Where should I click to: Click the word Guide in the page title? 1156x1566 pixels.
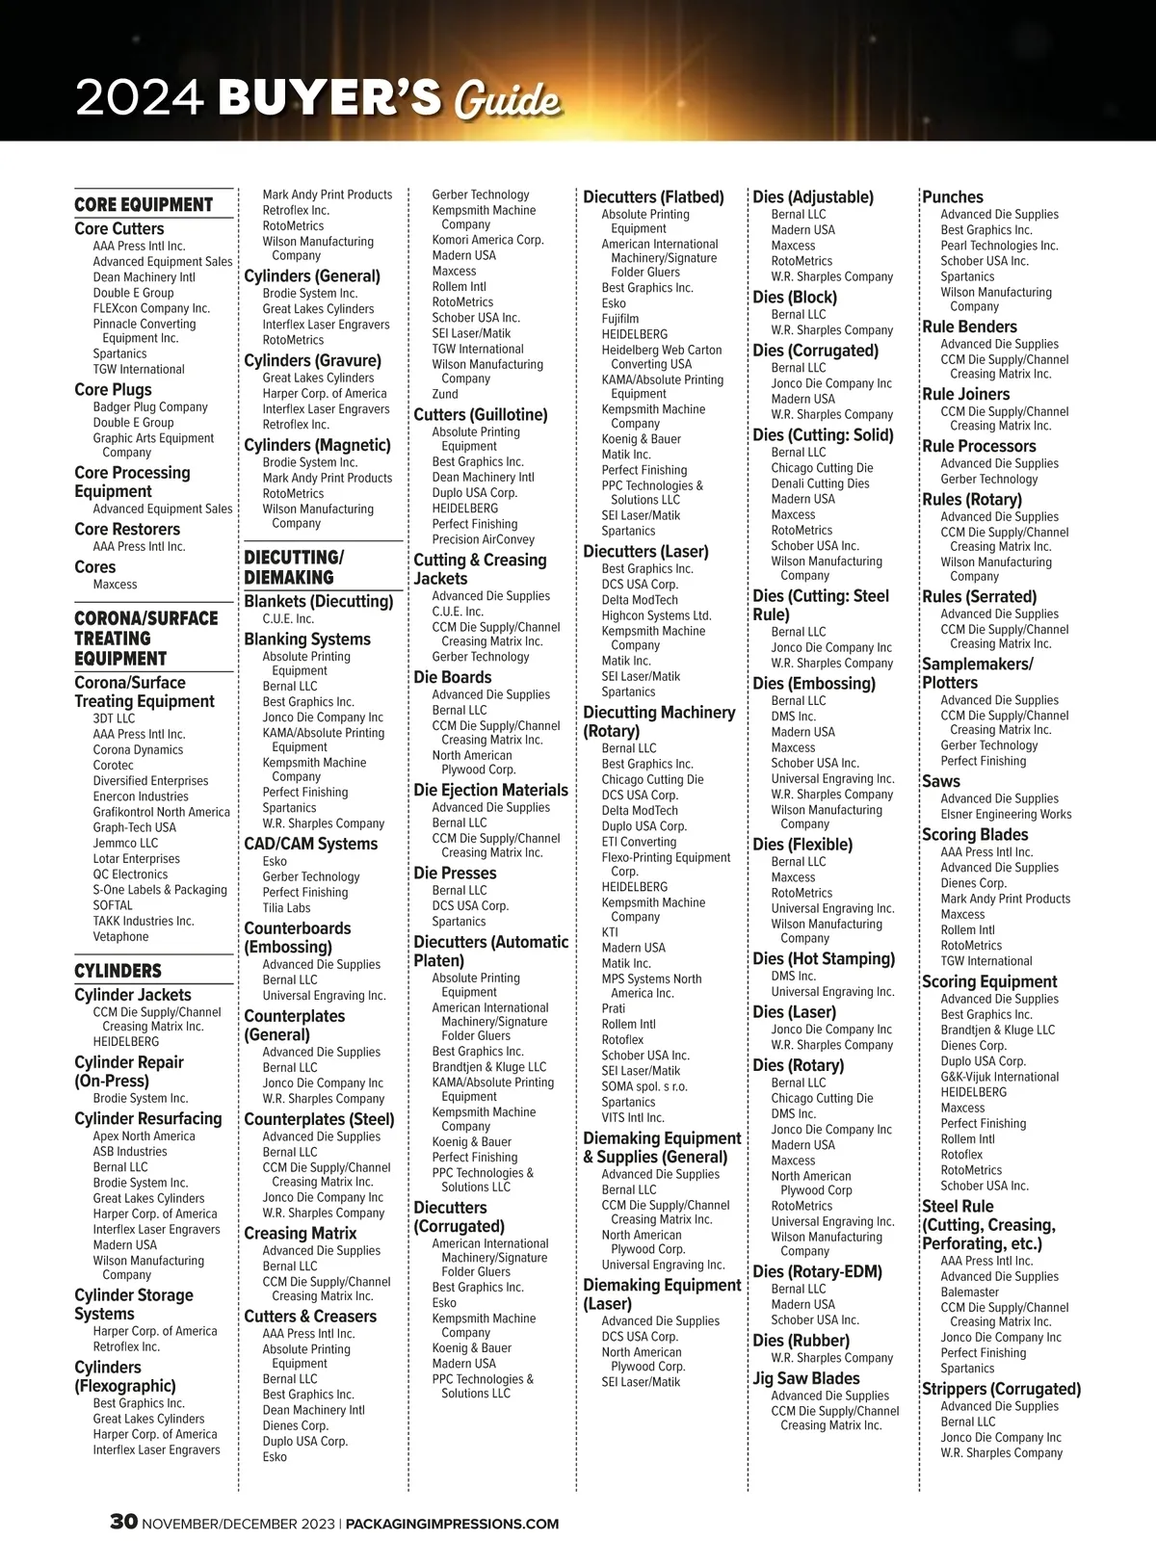click(507, 100)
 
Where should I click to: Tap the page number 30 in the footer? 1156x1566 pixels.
click(123, 1523)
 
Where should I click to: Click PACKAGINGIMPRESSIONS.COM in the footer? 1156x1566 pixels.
click(451, 1524)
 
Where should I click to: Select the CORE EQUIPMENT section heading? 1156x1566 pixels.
click(144, 204)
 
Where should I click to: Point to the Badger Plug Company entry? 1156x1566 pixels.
click(150, 407)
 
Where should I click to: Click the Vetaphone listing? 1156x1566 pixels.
click(120, 937)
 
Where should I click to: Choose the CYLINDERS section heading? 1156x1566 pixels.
click(118, 971)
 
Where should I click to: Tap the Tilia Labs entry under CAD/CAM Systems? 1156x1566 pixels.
click(286, 908)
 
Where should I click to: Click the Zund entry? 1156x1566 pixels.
click(445, 395)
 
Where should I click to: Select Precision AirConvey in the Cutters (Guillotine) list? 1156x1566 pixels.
click(483, 539)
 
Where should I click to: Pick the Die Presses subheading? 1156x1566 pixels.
click(455, 873)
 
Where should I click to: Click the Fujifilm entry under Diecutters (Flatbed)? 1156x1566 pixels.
click(620, 319)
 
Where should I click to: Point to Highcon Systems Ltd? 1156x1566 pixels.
click(656, 615)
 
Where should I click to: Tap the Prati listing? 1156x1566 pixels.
click(614, 1008)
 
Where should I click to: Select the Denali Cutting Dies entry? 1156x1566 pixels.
click(820, 483)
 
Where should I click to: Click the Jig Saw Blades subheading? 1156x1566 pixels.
click(806, 1378)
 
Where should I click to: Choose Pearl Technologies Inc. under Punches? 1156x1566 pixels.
click(999, 246)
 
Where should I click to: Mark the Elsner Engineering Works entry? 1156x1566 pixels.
click(1006, 814)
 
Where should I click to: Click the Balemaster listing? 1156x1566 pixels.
click(969, 1292)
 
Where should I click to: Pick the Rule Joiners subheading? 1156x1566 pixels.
click(965, 394)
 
